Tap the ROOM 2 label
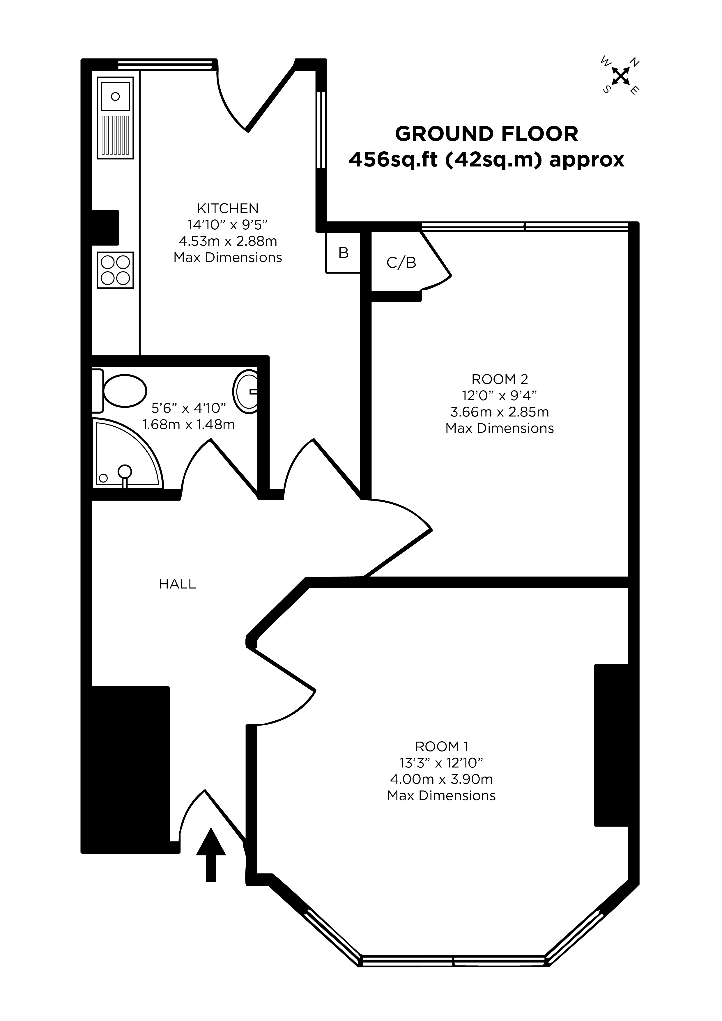(500, 379)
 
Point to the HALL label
(178, 584)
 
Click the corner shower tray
(127, 453)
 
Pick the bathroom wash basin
(245, 392)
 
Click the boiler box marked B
(343, 253)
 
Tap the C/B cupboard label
(401, 263)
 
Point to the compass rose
(621, 76)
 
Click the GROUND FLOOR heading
(487, 134)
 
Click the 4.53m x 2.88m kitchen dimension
(228, 241)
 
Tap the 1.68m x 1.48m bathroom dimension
(189, 425)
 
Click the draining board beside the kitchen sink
(115, 135)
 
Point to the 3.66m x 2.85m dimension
(500, 412)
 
